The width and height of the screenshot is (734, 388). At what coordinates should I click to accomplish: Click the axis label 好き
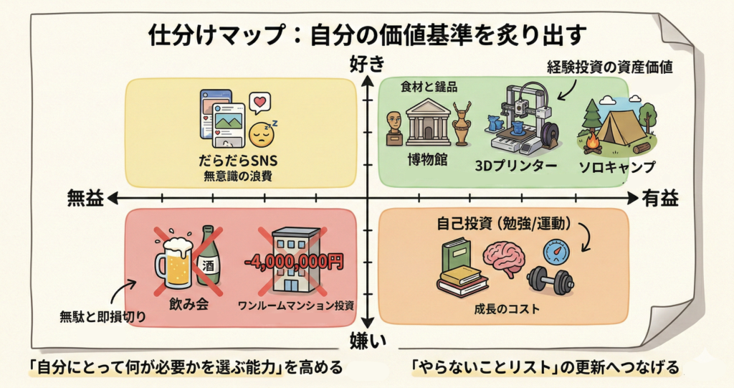[x=366, y=65]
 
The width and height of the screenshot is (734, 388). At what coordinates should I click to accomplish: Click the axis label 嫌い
[x=368, y=339]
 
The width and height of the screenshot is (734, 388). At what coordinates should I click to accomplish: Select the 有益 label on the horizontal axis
[x=659, y=199]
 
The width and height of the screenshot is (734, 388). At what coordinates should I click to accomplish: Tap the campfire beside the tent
[x=593, y=144]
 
